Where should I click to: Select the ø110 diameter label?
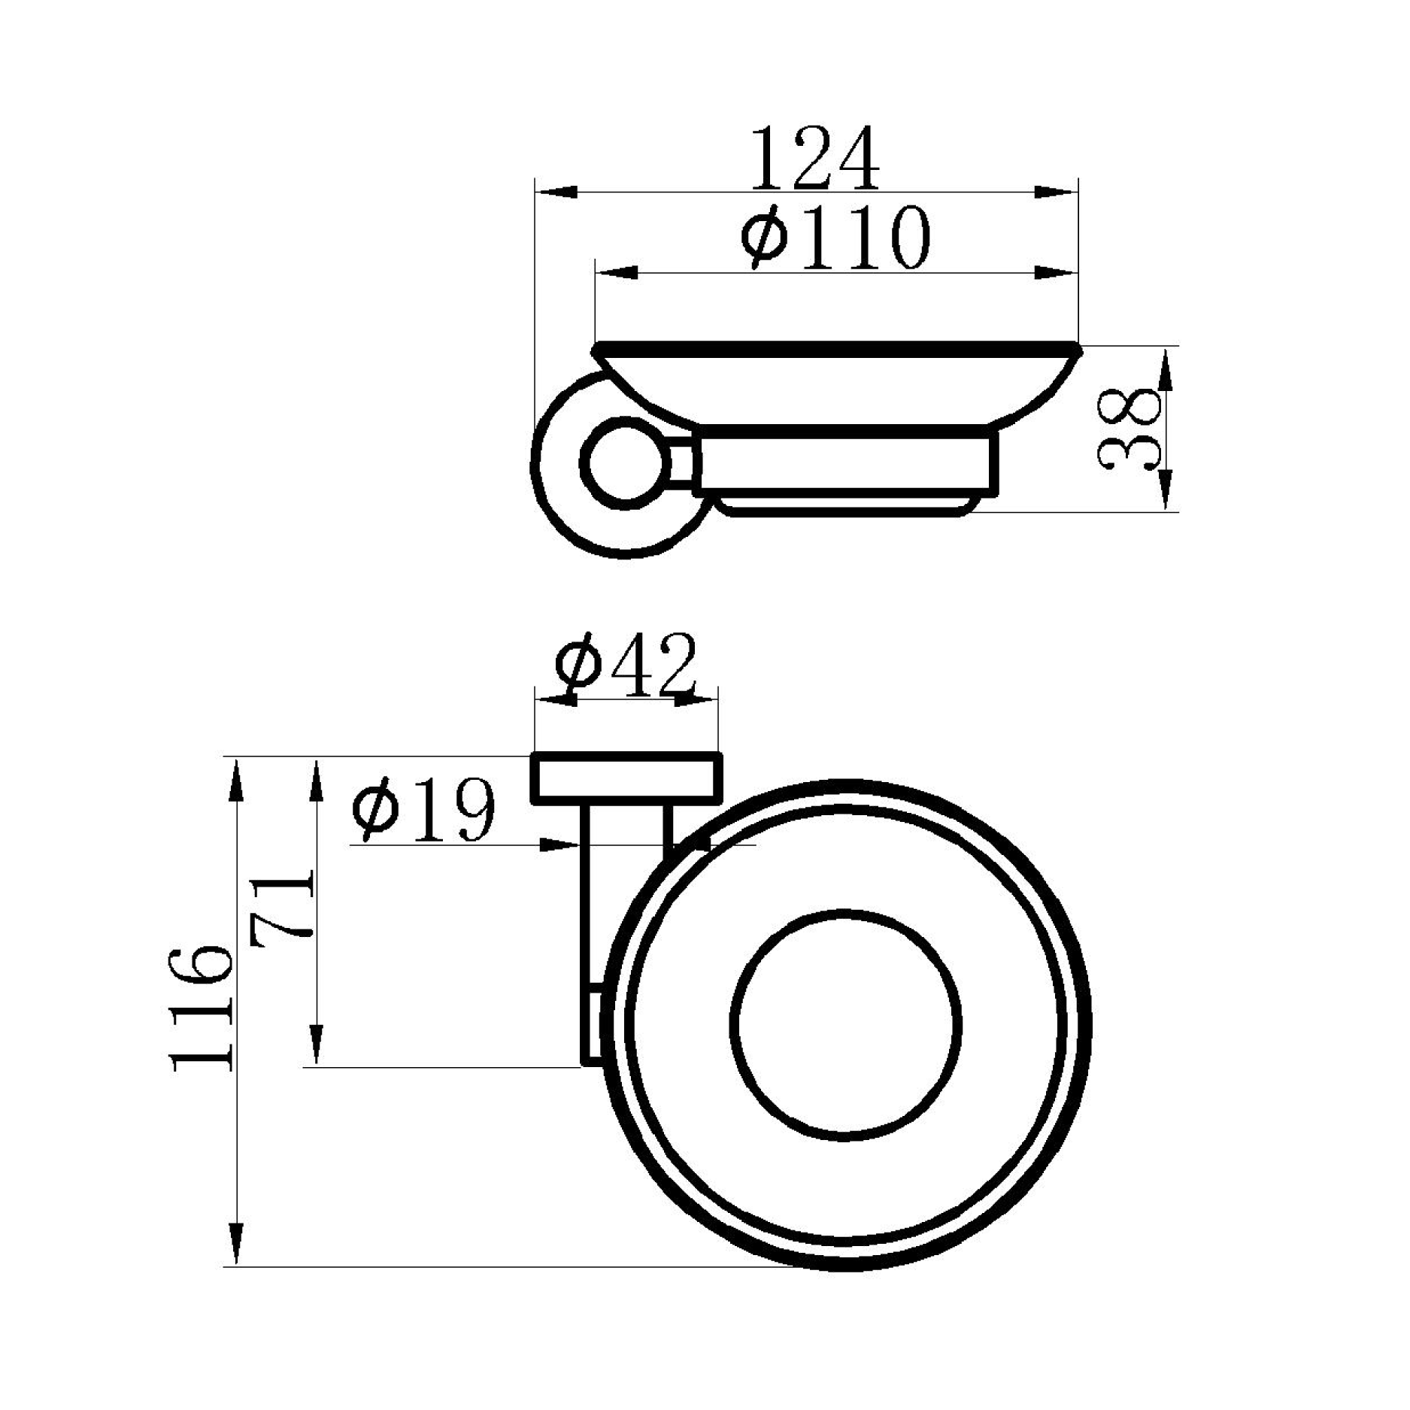click(x=836, y=237)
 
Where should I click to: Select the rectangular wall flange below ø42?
click(x=627, y=778)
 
